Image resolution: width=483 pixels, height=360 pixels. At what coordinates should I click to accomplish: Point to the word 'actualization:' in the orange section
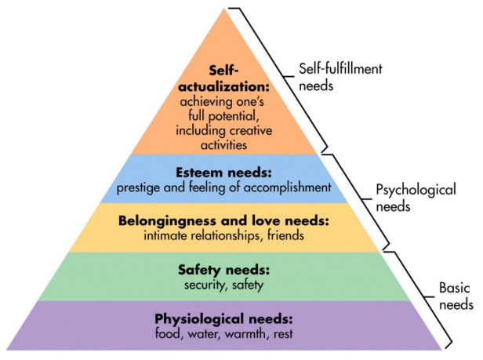coord(225,86)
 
